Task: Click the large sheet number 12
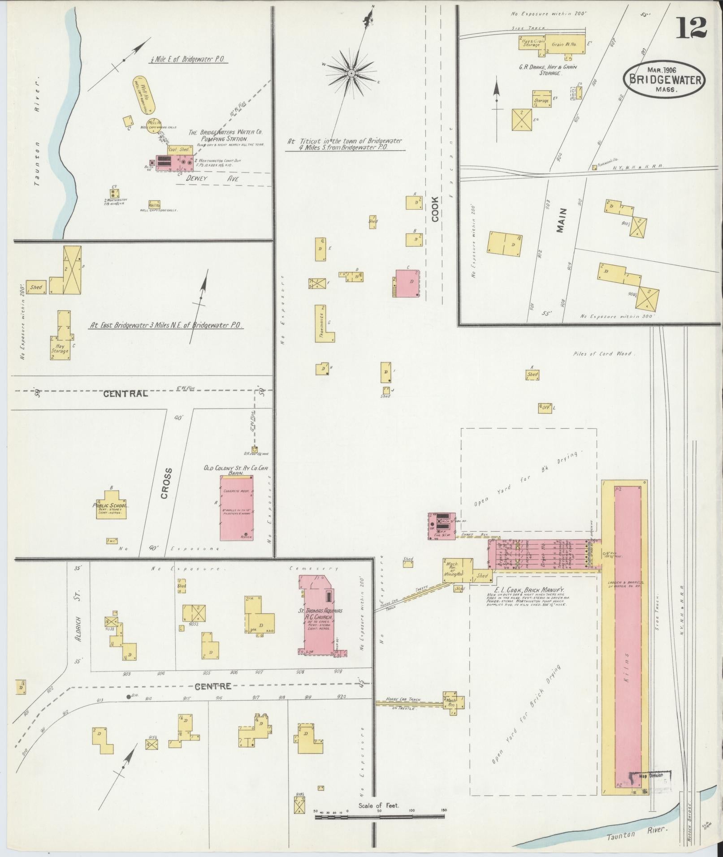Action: [691, 28]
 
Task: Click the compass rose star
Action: [352, 73]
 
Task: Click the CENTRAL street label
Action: [126, 394]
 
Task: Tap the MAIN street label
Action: [561, 220]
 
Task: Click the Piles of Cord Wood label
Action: [604, 354]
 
